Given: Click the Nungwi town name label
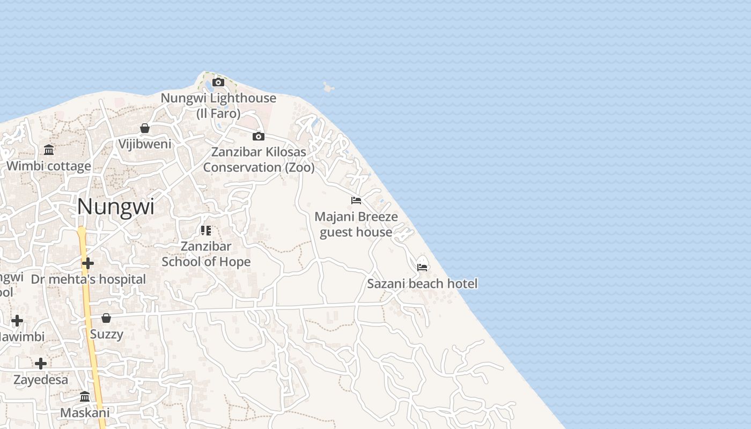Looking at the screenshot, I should pyautogui.click(x=116, y=207).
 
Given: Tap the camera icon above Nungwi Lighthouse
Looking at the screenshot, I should pyautogui.click(x=218, y=82).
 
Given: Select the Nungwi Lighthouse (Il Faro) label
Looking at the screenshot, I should pyautogui.click(x=218, y=106).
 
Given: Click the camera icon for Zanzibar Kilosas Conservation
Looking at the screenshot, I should pyautogui.click(x=259, y=136).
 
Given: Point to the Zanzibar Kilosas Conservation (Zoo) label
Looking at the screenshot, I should pyautogui.click(x=259, y=159).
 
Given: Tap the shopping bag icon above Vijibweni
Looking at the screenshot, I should pyautogui.click(x=145, y=128).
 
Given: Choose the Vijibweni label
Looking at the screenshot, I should pyautogui.click(x=145, y=144).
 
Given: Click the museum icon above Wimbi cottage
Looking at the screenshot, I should pyautogui.click(x=49, y=150).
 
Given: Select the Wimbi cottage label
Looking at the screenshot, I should pyautogui.click(x=49, y=166).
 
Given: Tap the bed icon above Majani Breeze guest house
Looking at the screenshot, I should pyautogui.click(x=356, y=201).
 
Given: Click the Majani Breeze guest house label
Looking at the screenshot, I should pyautogui.click(x=356, y=224).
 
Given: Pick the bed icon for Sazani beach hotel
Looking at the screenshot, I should pyautogui.click(x=422, y=267).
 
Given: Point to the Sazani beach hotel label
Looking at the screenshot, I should pyautogui.click(x=422, y=284).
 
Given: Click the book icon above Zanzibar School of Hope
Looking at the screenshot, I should pyautogui.click(x=206, y=231).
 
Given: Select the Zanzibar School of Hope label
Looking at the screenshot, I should pyautogui.click(x=206, y=254).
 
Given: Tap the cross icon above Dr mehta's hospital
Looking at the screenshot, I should pyautogui.click(x=88, y=263).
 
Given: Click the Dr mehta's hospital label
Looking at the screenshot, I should pyautogui.click(x=88, y=279).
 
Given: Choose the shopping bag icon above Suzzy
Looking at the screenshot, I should pyautogui.click(x=106, y=318).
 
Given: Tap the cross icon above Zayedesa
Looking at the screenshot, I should pyautogui.click(x=41, y=364).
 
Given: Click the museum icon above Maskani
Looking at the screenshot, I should pyautogui.click(x=85, y=397).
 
